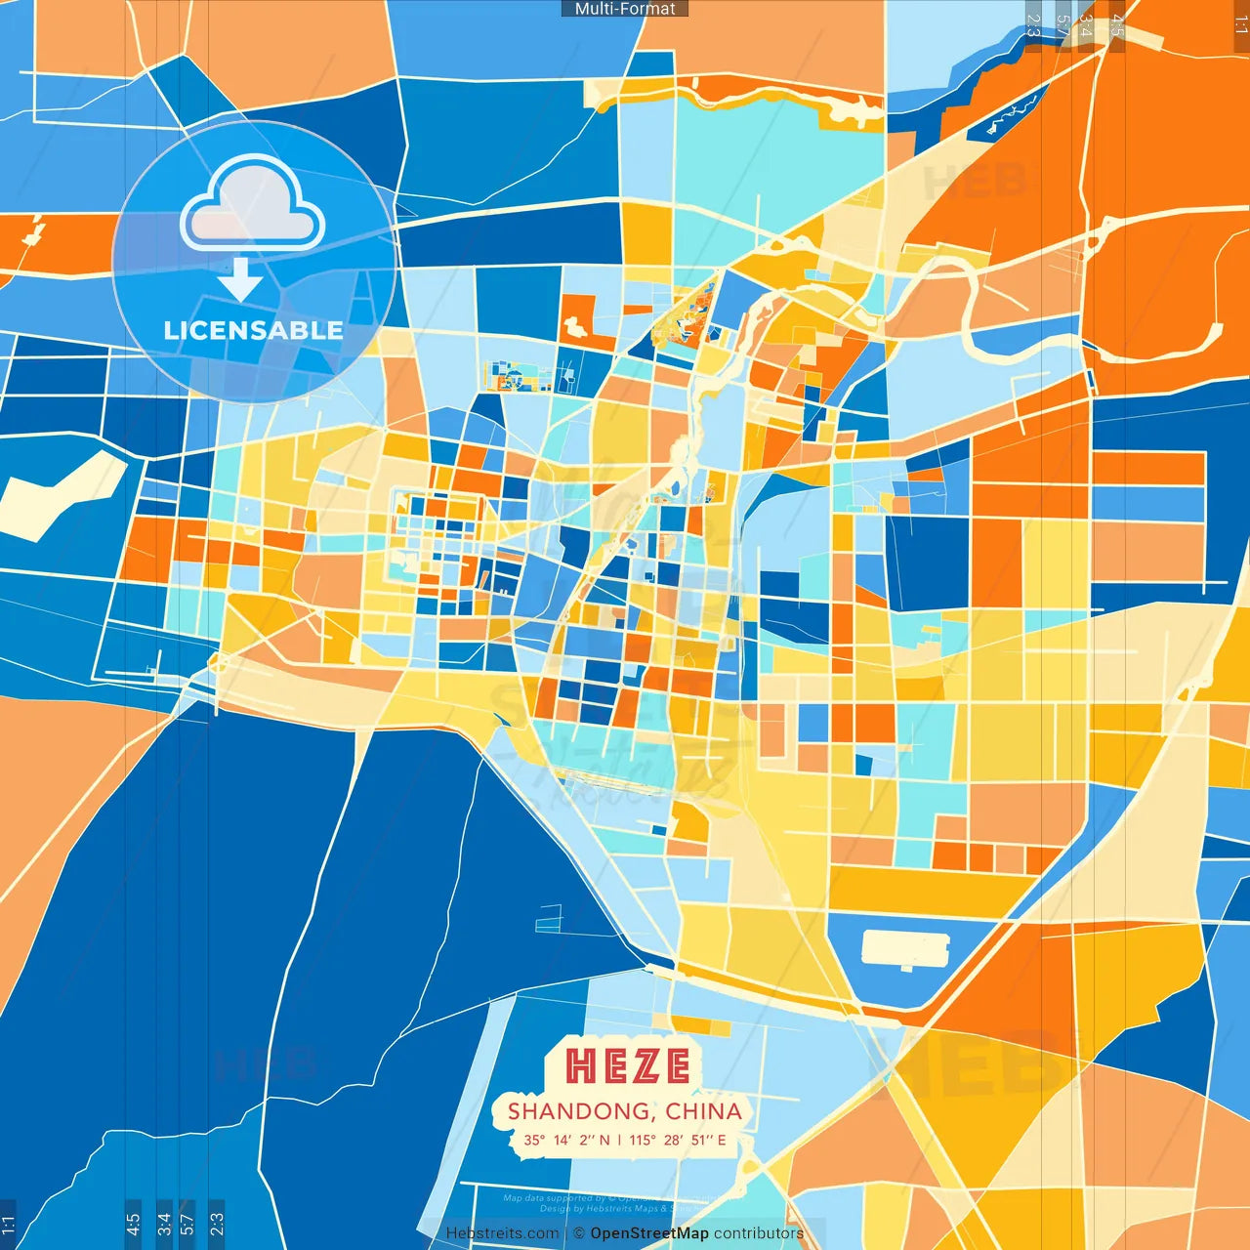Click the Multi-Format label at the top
(x=625, y=9)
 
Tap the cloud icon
(x=253, y=205)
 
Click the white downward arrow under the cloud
(x=240, y=279)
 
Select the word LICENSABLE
(x=253, y=330)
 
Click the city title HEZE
(x=628, y=1065)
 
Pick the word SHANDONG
(x=579, y=1111)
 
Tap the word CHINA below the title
(x=703, y=1111)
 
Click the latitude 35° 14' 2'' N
(x=566, y=1140)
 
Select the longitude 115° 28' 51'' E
(x=678, y=1140)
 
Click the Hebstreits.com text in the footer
(x=502, y=1233)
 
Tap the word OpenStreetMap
(x=649, y=1233)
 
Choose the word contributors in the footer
(x=759, y=1233)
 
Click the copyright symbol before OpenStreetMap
(x=579, y=1233)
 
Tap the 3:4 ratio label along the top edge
(x=1085, y=25)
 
